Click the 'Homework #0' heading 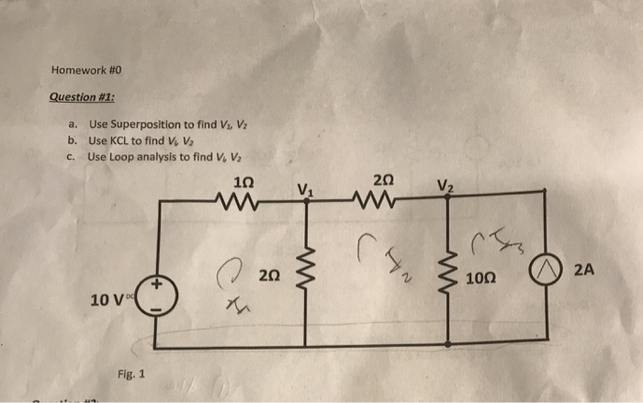click(x=88, y=70)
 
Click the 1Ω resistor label click(x=243, y=180)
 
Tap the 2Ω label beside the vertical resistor click(x=269, y=273)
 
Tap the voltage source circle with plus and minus click(x=157, y=296)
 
